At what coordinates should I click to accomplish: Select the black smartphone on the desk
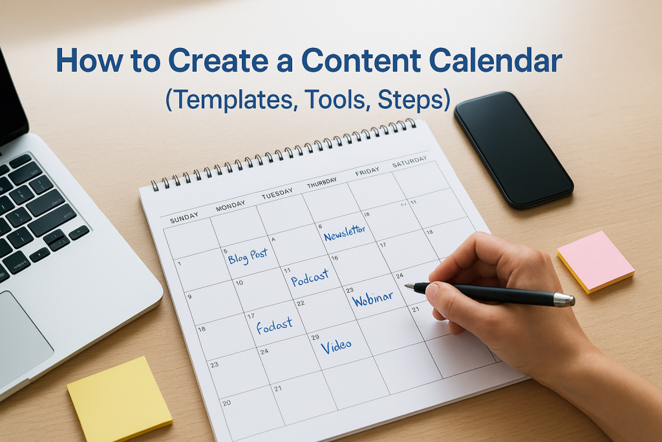pos(513,149)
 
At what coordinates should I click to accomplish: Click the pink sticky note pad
pos(595,260)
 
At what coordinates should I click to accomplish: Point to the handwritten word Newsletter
pos(345,232)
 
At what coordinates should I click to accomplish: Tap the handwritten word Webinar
pos(372,299)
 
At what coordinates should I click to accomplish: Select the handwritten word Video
pos(337,346)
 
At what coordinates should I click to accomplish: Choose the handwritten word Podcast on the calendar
pos(310,278)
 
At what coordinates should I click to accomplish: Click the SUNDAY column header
pos(185,219)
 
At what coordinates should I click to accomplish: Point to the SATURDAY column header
pos(409,161)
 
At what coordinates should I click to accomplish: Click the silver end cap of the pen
pos(564,299)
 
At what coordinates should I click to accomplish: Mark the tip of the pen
pos(407,286)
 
